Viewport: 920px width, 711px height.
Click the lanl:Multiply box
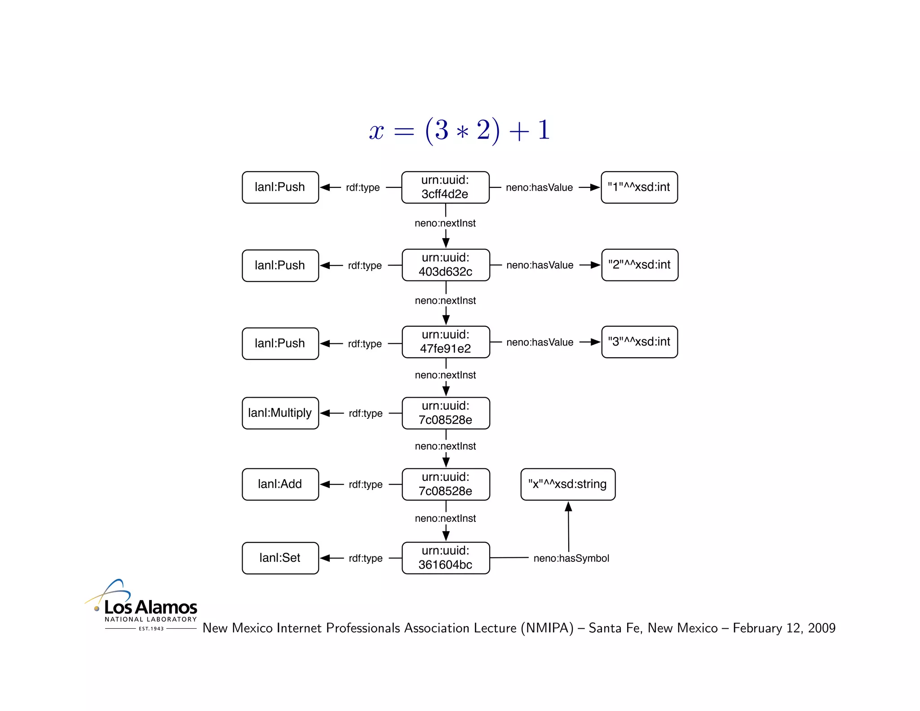tap(280, 413)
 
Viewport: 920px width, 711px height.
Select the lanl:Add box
tap(280, 484)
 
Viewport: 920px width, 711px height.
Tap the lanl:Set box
tap(280, 558)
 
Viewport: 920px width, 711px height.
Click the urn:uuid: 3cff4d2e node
tap(445, 187)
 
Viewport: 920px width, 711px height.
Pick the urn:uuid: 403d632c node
tap(446, 265)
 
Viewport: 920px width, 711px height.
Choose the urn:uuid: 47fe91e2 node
tap(446, 342)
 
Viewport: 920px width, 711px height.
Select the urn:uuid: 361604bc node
tap(446, 558)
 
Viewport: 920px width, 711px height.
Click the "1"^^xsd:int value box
tap(639, 187)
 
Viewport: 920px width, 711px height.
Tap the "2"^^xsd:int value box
tap(639, 265)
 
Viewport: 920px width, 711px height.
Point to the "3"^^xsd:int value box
tap(639, 342)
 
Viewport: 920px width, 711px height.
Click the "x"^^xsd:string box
tap(568, 484)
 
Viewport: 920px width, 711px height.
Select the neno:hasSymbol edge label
tap(571, 558)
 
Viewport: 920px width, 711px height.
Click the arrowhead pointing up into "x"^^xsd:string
tap(568, 507)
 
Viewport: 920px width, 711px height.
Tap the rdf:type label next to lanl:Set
tap(366, 558)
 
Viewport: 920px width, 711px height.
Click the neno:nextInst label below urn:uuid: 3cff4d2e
tap(445, 223)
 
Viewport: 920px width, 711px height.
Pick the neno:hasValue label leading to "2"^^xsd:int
tap(540, 265)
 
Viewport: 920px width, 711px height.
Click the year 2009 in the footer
tap(821, 628)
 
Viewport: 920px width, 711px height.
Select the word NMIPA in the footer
tap(547, 628)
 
